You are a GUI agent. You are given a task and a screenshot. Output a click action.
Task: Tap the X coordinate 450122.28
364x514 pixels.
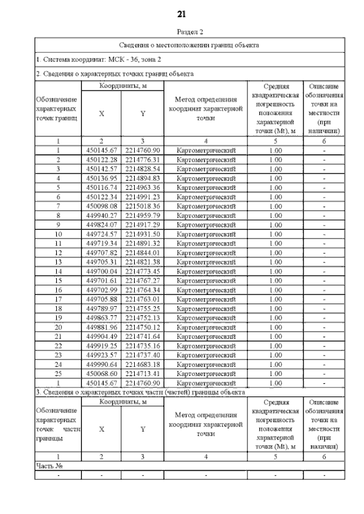click(101, 160)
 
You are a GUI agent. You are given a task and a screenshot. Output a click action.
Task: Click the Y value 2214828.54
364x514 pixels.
click(143, 170)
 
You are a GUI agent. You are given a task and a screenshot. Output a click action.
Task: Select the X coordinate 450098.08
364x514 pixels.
click(101, 206)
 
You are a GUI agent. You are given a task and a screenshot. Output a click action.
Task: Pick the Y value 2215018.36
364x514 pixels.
click(143, 206)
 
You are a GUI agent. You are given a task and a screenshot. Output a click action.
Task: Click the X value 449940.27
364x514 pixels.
click(101, 215)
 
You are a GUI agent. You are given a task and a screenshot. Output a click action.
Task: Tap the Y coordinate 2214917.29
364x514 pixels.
click(143, 224)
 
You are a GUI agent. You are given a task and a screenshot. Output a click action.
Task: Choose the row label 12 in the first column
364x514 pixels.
click(58, 252)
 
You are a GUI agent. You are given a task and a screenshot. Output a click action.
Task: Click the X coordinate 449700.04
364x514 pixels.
click(101, 270)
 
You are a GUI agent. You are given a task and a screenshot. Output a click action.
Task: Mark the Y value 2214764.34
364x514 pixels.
click(143, 289)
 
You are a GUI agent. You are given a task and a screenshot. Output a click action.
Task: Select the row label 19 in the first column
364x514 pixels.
click(58, 316)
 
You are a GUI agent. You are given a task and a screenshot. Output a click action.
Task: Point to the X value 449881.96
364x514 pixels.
click(101, 325)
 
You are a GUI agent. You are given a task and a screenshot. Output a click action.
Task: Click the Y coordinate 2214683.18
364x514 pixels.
click(143, 362)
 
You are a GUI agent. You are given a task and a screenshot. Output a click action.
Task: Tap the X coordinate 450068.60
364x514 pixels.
click(101, 371)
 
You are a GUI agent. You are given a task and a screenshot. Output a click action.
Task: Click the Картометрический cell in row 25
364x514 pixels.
click(206, 371)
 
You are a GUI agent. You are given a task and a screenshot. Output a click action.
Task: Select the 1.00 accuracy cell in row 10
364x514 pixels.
click(275, 234)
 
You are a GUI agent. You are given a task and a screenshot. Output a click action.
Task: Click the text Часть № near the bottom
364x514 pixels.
click(48, 466)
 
